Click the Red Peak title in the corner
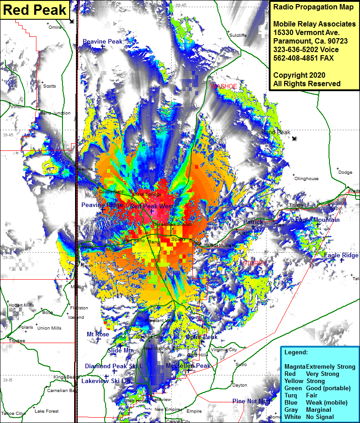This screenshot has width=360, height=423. (x=35, y=10)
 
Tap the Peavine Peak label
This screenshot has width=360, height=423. (x=102, y=41)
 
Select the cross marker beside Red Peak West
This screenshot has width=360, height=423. (x=152, y=211)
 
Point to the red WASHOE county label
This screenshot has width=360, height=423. (x=223, y=86)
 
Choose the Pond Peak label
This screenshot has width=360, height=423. (x=276, y=132)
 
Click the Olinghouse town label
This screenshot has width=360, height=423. (x=306, y=179)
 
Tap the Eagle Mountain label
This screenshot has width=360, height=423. (x=317, y=220)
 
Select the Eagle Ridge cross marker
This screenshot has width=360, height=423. (x=342, y=260)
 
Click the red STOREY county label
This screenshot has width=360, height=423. (x=252, y=264)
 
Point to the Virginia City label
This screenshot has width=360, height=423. (x=223, y=350)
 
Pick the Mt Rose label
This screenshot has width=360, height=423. (x=98, y=334)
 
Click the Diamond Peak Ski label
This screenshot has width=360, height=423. (x=113, y=366)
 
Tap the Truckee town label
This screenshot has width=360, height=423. (x=17, y=341)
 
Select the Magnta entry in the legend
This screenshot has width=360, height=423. (x=294, y=366)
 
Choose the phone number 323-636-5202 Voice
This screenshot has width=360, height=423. (x=306, y=50)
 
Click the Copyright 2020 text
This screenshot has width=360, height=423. (x=299, y=75)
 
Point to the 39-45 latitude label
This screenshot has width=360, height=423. (x=8, y=135)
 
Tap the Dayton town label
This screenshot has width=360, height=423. (x=240, y=385)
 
